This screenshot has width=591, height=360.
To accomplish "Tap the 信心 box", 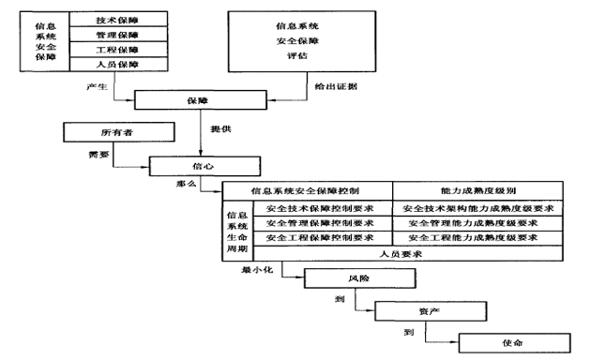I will pyautogui.click(x=203, y=166).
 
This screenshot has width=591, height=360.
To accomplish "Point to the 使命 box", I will pyautogui.click(x=512, y=341).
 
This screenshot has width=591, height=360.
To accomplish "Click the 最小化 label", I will pyautogui.click(x=256, y=269).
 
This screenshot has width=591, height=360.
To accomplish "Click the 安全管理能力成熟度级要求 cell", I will pyautogui.click(x=476, y=223).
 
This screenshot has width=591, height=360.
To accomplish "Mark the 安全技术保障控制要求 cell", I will pyautogui.click(x=320, y=208).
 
